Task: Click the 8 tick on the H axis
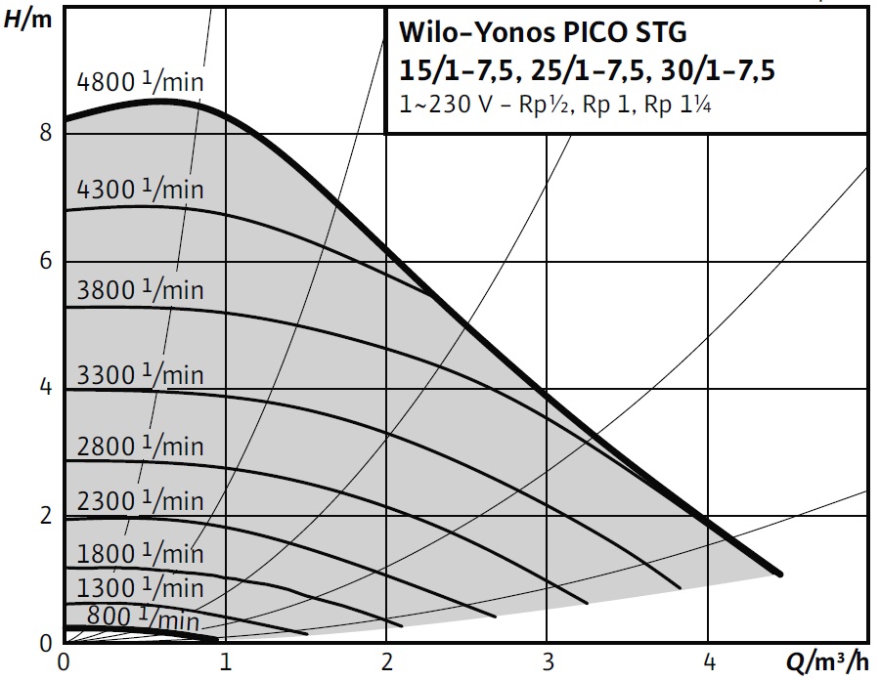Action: point(45,133)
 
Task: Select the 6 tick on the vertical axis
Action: point(45,262)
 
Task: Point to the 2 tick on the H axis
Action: point(45,517)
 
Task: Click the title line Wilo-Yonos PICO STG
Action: point(543,32)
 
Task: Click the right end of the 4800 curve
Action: point(779,575)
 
